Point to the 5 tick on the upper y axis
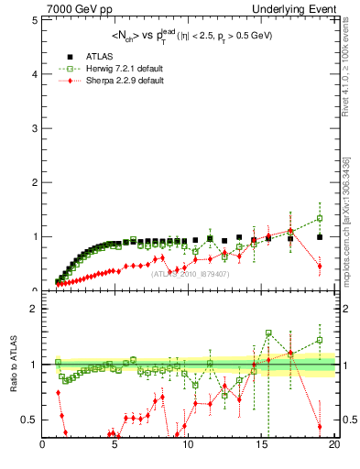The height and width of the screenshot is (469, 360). (x=36, y=19)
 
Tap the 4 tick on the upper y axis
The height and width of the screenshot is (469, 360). (x=36, y=73)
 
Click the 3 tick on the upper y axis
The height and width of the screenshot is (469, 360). (x=36, y=127)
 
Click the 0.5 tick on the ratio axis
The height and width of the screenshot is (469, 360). (x=30, y=420)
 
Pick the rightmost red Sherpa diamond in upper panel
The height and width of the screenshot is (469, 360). (x=320, y=267)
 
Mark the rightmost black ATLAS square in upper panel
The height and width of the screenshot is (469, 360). (x=320, y=237)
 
